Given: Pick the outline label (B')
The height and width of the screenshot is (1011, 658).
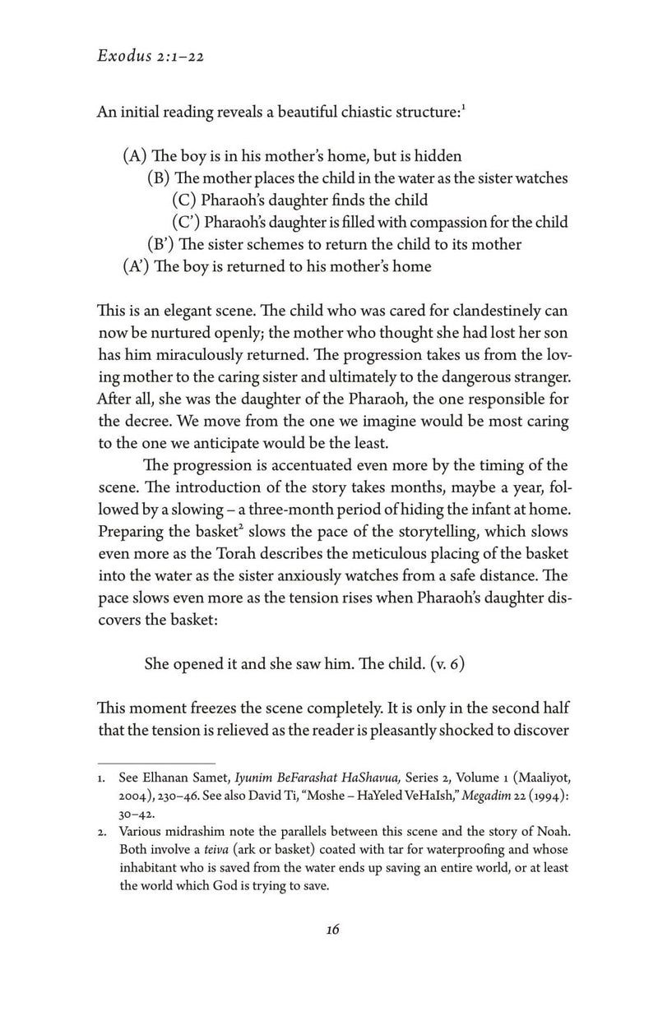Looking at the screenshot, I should tap(160, 244).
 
